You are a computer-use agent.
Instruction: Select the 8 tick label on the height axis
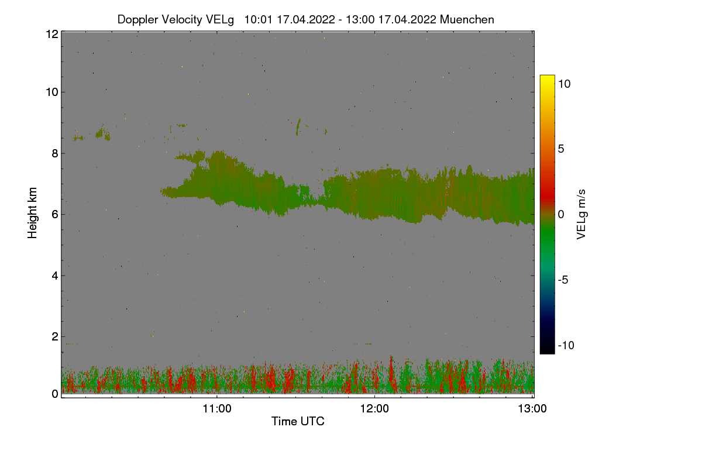(55, 153)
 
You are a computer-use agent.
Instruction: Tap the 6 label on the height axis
(55, 214)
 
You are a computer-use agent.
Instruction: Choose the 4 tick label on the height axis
(55, 276)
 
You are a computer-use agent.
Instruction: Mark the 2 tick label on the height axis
(55, 336)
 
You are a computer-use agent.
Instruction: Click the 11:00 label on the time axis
(217, 409)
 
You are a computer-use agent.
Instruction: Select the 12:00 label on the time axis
(375, 409)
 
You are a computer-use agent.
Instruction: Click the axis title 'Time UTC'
(298, 421)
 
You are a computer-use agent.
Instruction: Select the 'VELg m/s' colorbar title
(581, 214)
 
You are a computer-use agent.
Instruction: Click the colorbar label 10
(564, 84)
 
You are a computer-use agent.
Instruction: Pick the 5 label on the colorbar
(561, 149)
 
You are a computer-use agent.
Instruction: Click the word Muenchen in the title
(467, 19)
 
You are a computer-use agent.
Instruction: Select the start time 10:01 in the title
(259, 19)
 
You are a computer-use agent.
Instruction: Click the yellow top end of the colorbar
(547, 77)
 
